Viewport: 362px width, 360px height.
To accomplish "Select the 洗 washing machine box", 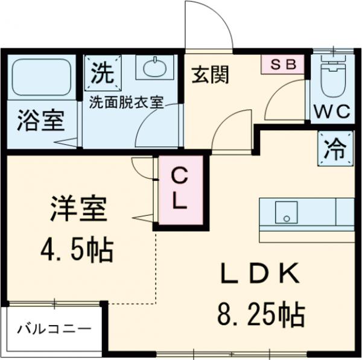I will coord(102,73).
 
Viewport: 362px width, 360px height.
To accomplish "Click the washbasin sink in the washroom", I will coord(155,67).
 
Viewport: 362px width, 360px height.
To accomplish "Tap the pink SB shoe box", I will coord(283,64).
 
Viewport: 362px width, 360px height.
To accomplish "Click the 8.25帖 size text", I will coord(260,313).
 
